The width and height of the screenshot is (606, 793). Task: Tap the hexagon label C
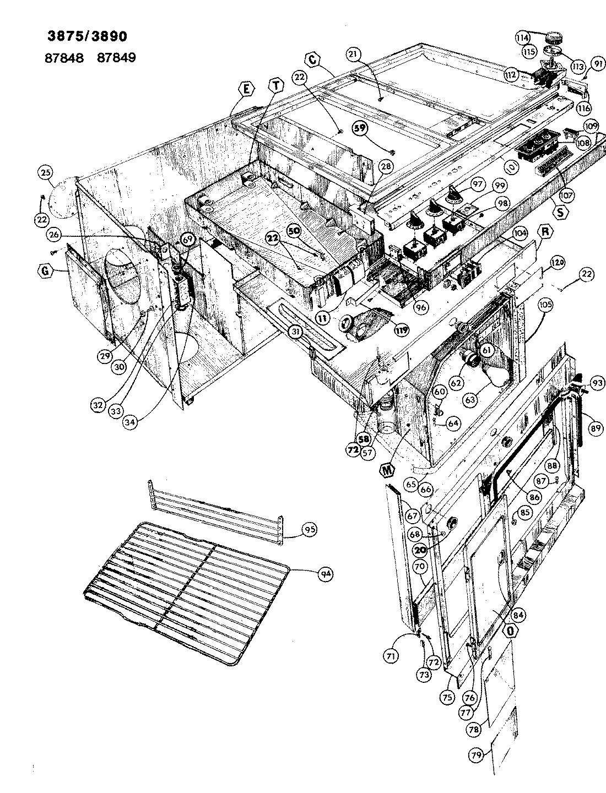[x=312, y=60]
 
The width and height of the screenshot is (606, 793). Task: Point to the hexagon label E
[x=246, y=89]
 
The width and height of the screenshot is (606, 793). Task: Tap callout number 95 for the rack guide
[x=310, y=530]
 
